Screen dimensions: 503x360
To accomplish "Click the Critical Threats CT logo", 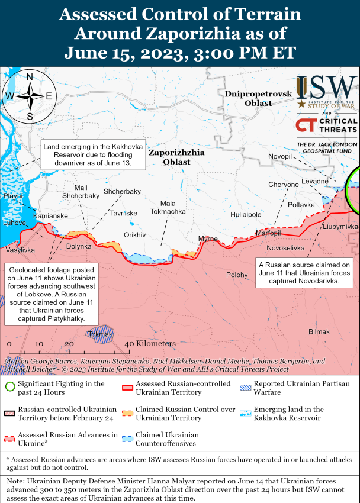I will tap(306, 125).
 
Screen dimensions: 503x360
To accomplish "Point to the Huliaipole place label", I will tap(246, 215).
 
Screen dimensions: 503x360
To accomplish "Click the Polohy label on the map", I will tap(237, 275).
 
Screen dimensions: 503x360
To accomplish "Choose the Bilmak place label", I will tap(319, 331).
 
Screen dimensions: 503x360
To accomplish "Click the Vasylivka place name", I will tap(20, 250).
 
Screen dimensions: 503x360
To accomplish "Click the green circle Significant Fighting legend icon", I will tap(9, 388).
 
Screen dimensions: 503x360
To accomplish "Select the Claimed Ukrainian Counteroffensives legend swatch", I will tap(126, 438).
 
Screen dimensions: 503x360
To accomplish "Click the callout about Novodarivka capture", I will tap(304, 272).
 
